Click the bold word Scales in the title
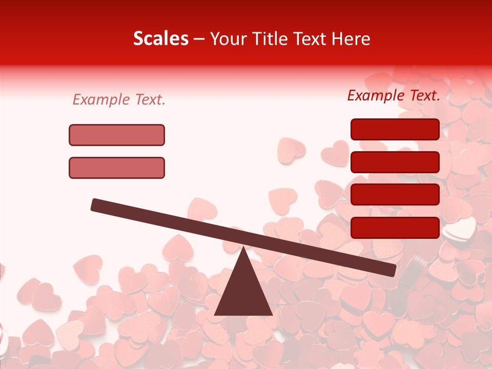click(160, 39)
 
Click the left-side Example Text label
click(119, 100)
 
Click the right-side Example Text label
click(394, 95)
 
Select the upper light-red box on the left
click(117, 135)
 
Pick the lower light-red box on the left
click(117, 168)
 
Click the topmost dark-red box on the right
click(395, 129)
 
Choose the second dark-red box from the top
click(395, 162)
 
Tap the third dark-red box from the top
click(395, 194)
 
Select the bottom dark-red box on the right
click(395, 227)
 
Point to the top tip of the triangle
click(243, 248)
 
